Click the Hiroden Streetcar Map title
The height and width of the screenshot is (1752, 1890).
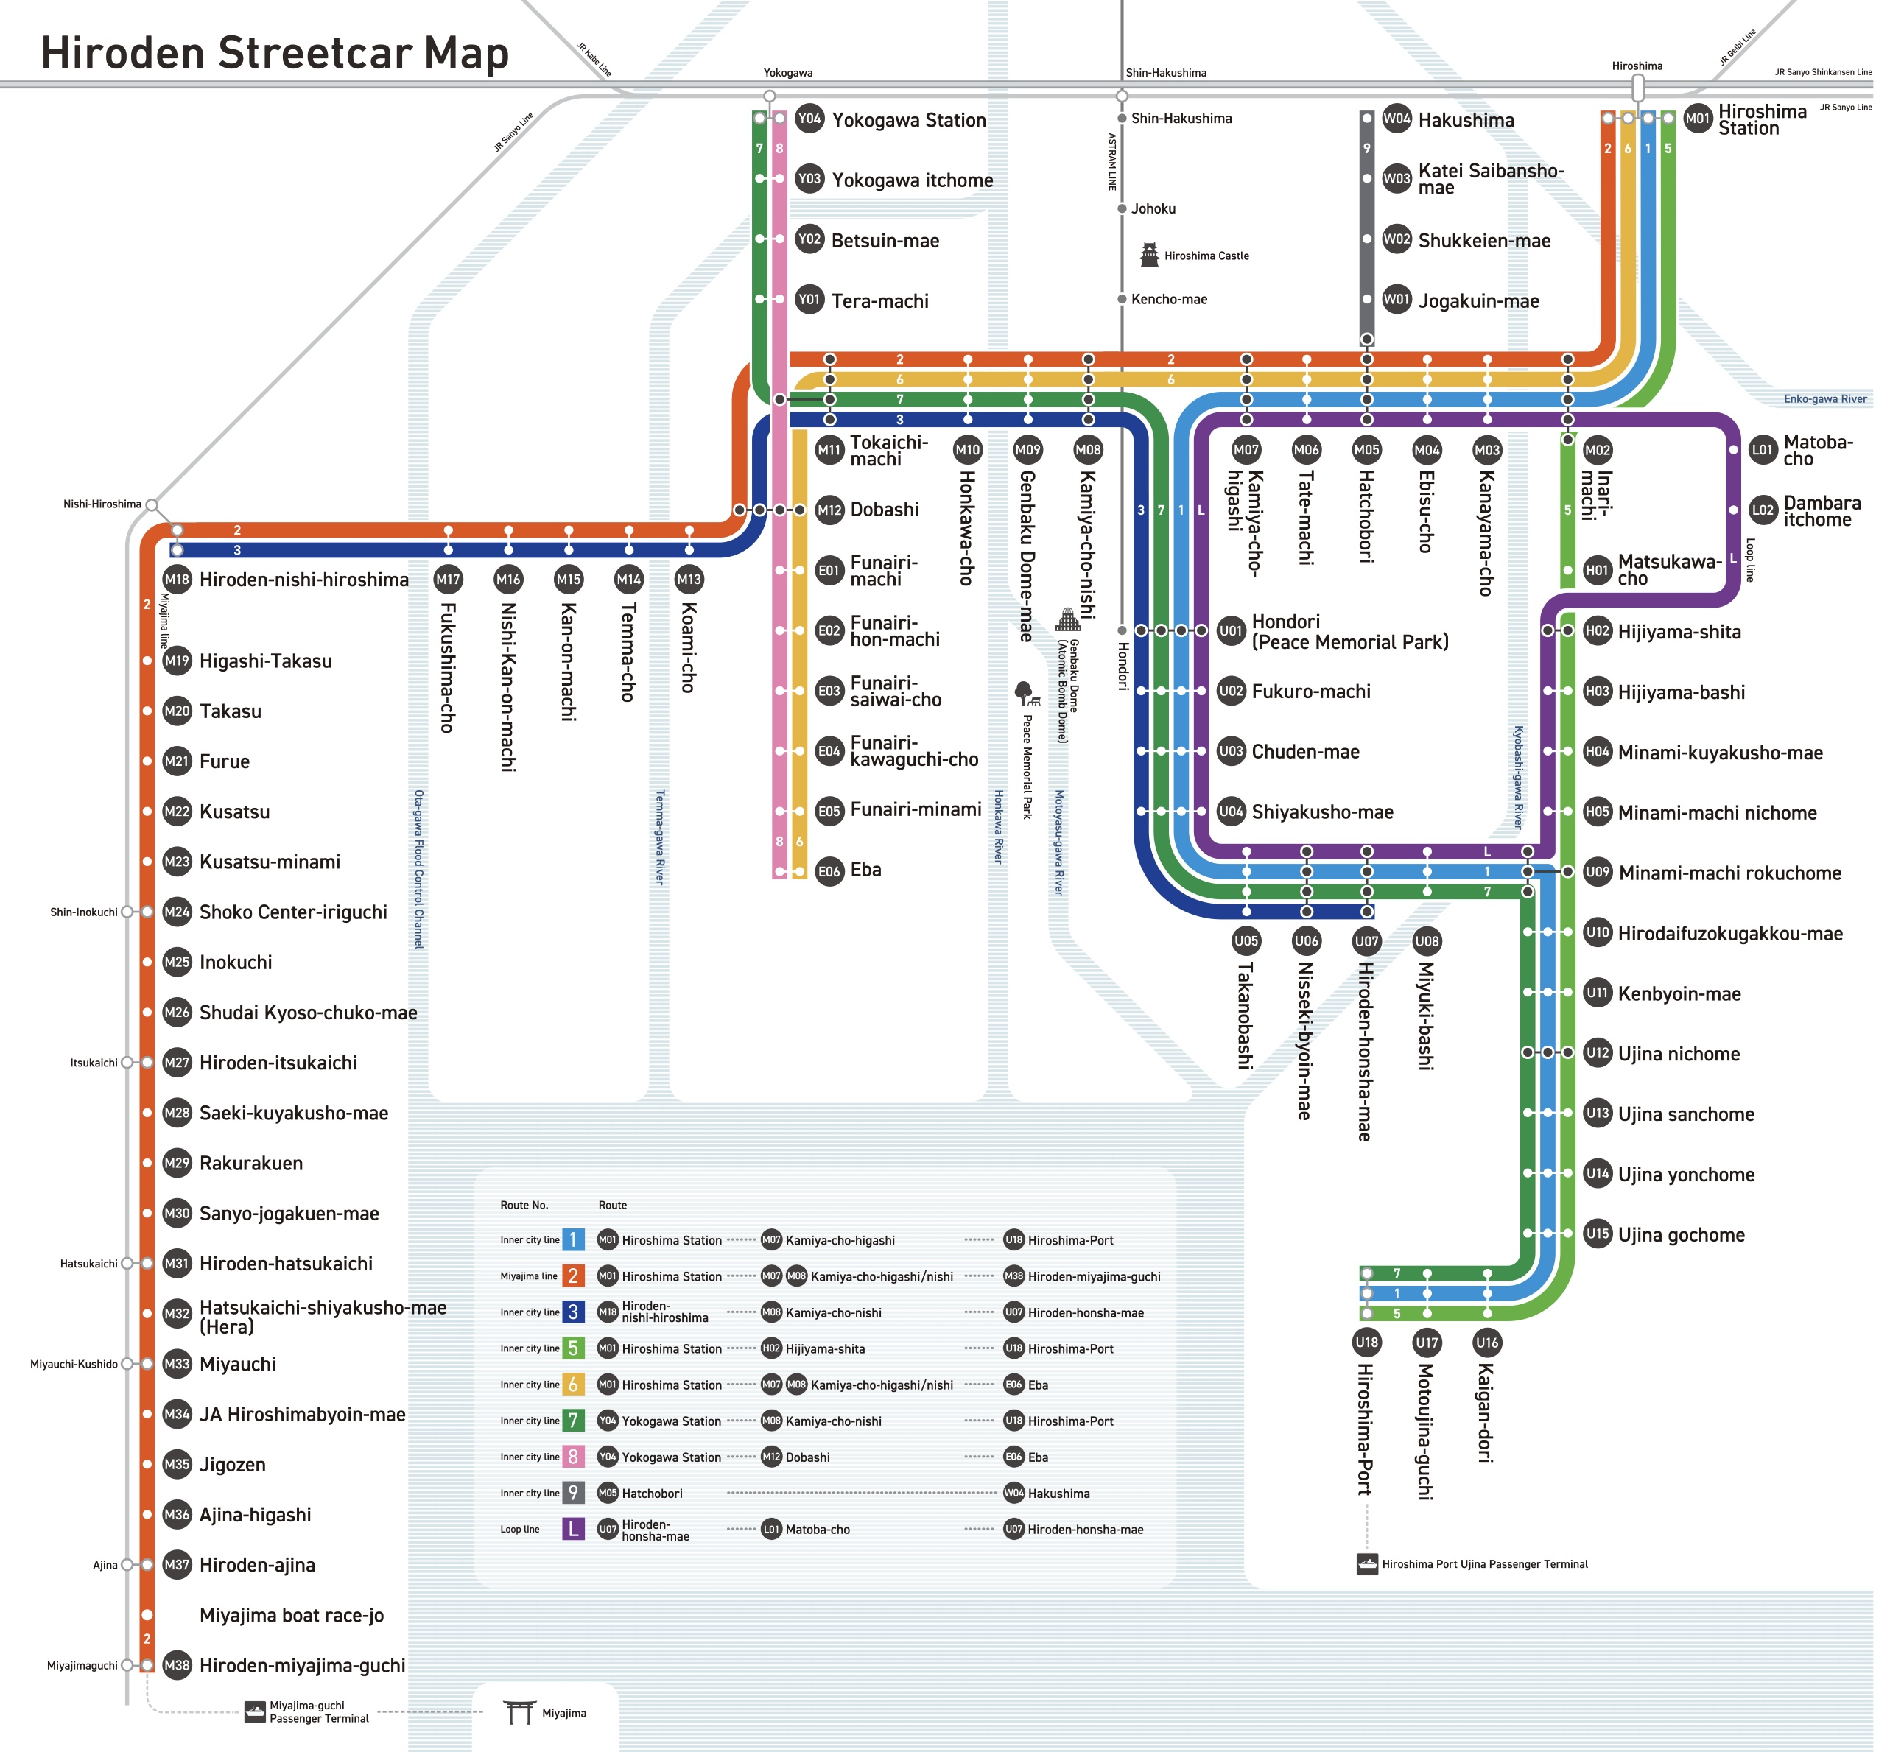pyautogui.click(x=275, y=53)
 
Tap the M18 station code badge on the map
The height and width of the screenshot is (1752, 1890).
pyautogui.click(x=178, y=580)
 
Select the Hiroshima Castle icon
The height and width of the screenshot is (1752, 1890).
pyautogui.click(x=1149, y=254)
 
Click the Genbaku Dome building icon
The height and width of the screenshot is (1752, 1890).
pyautogui.click(x=1068, y=619)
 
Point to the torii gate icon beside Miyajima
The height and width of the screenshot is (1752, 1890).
pyautogui.click(x=519, y=1712)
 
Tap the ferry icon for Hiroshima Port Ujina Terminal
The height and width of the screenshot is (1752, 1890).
pyautogui.click(x=1366, y=1564)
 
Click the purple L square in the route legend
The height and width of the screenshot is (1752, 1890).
pyautogui.click(x=573, y=1529)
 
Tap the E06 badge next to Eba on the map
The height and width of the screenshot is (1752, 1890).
pyautogui.click(x=830, y=871)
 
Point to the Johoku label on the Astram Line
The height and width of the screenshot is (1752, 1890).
pyautogui.click(x=1153, y=208)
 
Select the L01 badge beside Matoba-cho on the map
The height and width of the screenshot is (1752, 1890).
pyautogui.click(x=1762, y=450)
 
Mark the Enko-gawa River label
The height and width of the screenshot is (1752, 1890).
pyautogui.click(x=1824, y=399)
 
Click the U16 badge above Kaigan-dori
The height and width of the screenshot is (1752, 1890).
pyautogui.click(x=1487, y=1343)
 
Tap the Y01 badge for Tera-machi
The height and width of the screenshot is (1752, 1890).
pyautogui.click(x=809, y=300)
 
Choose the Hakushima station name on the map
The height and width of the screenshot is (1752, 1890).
pyautogui.click(x=1466, y=120)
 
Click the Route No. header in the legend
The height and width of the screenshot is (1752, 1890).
pyautogui.click(x=524, y=1205)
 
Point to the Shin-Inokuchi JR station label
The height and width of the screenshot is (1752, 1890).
pyautogui.click(x=85, y=912)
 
